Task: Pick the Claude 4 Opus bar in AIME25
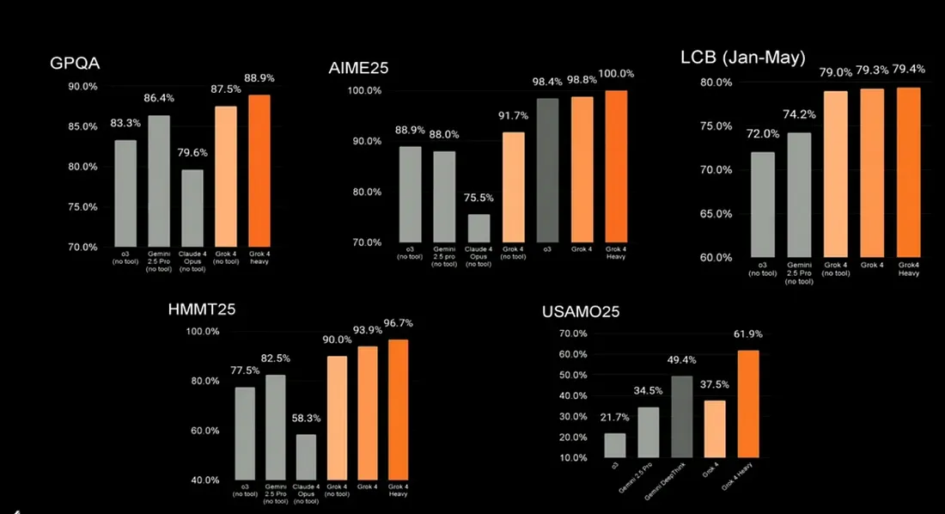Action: pyautogui.click(x=479, y=229)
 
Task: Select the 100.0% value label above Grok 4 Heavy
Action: pyautogui.click(x=615, y=74)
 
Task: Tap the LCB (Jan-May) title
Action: pyautogui.click(x=742, y=59)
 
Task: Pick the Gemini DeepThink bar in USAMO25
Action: pyautogui.click(x=682, y=417)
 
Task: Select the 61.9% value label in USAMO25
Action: pyautogui.click(x=747, y=334)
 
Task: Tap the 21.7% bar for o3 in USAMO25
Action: pyautogui.click(x=615, y=445)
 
